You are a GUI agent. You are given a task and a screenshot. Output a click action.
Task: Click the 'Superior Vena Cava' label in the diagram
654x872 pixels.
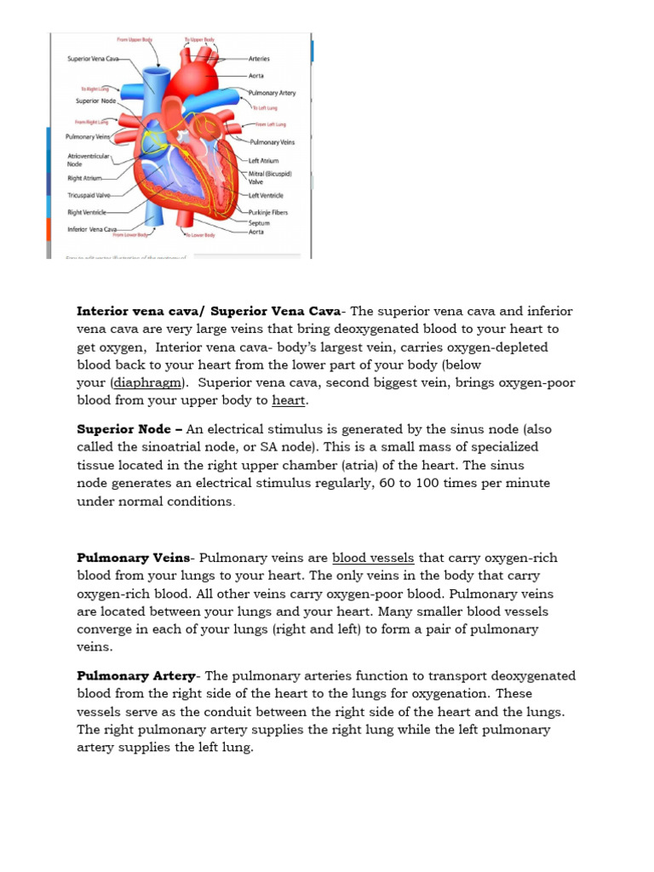coord(94,60)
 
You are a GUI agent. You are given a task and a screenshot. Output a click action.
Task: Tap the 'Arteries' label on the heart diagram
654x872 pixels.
coord(259,60)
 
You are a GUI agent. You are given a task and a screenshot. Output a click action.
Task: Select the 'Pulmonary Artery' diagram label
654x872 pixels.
coord(272,92)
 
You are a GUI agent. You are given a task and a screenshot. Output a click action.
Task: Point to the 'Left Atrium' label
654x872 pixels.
coord(263,160)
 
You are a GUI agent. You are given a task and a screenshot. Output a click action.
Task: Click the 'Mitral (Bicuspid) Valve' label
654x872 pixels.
coord(269,177)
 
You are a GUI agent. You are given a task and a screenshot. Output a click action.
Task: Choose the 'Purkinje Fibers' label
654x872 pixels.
coord(268,212)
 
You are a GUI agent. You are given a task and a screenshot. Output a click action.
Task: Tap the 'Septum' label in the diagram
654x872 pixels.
coord(259,222)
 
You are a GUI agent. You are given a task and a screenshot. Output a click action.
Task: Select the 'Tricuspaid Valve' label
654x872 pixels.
coord(89,195)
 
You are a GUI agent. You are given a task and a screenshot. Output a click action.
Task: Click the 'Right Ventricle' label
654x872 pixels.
coord(87,212)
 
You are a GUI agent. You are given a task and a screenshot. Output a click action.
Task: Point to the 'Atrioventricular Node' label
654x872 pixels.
coord(88,160)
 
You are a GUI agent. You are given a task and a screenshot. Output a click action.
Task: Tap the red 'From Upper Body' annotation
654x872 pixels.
coord(135,39)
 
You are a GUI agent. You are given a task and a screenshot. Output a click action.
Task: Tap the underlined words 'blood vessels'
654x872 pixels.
coord(373,558)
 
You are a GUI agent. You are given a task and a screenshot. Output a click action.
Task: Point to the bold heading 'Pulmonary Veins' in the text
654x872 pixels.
coord(133,558)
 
